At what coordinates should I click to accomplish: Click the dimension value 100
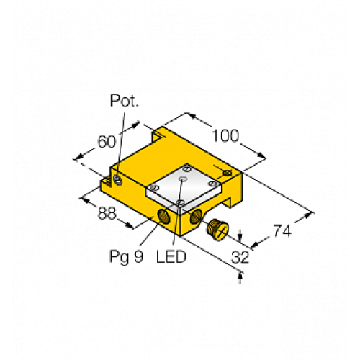point(228,135)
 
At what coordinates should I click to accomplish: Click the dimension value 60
point(107,143)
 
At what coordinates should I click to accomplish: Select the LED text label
point(171,256)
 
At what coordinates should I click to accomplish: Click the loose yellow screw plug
point(215,230)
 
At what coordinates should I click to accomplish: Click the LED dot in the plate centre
point(184,177)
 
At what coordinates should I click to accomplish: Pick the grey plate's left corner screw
point(152,188)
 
